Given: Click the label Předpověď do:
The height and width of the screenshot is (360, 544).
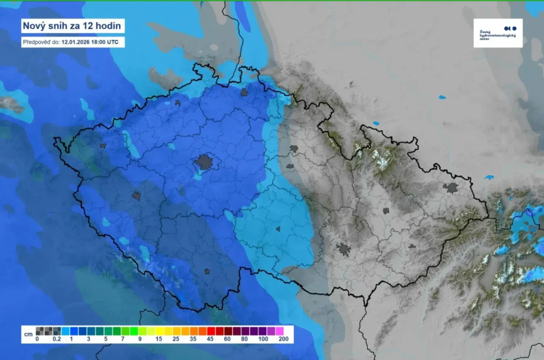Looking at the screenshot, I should tap(41, 42).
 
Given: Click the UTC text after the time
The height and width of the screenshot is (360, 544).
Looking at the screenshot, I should tap(114, 42).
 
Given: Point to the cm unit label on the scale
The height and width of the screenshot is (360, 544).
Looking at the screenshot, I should tap(28, 335).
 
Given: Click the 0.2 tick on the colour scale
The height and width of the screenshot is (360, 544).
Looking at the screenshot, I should tap(57, 339).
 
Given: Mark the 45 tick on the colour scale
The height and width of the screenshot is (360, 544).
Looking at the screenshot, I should tap(210, 339).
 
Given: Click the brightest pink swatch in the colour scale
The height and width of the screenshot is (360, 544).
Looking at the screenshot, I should tap(279, 331).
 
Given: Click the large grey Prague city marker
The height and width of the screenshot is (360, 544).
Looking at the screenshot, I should tap(204, 162).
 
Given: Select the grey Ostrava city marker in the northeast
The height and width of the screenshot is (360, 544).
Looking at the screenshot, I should tap(451, 188).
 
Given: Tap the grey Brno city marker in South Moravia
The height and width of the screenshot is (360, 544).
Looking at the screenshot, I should tap(344, 248).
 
